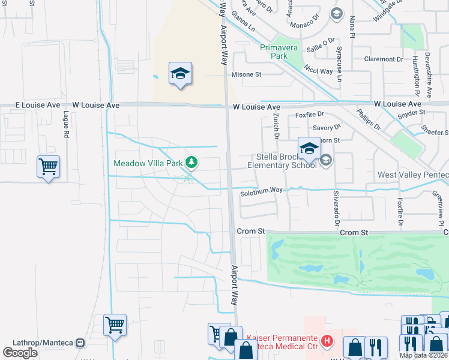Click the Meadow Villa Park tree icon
[x=191, y=162]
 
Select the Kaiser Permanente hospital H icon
[x=327, y=341]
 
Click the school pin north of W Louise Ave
[x=180, y=74]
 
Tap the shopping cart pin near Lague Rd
[x=48, y=166]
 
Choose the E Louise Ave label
[x=37, y=105]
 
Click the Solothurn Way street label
[x=261, y=190]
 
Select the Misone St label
[x=247, y=74]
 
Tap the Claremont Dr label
[x=384, y=59]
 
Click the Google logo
[x=20, y=352]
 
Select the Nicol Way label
[x=318, y=71]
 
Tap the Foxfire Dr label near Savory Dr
[x=309, y=114]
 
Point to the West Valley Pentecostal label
[x=412, y=175]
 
